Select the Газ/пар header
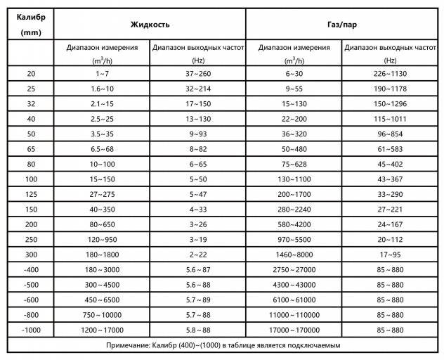coord(344,24)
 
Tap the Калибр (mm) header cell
coord(30,24)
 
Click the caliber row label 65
coord(30,148)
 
